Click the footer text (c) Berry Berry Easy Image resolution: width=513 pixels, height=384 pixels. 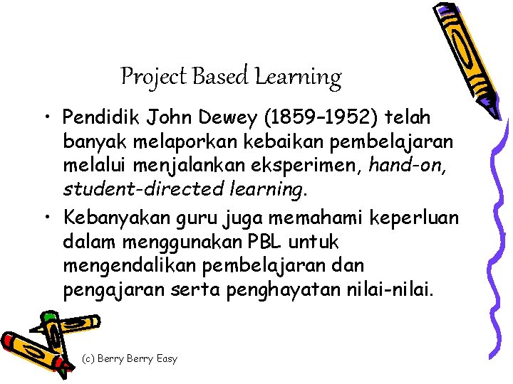pyautogui.click(x=130, y=358)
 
